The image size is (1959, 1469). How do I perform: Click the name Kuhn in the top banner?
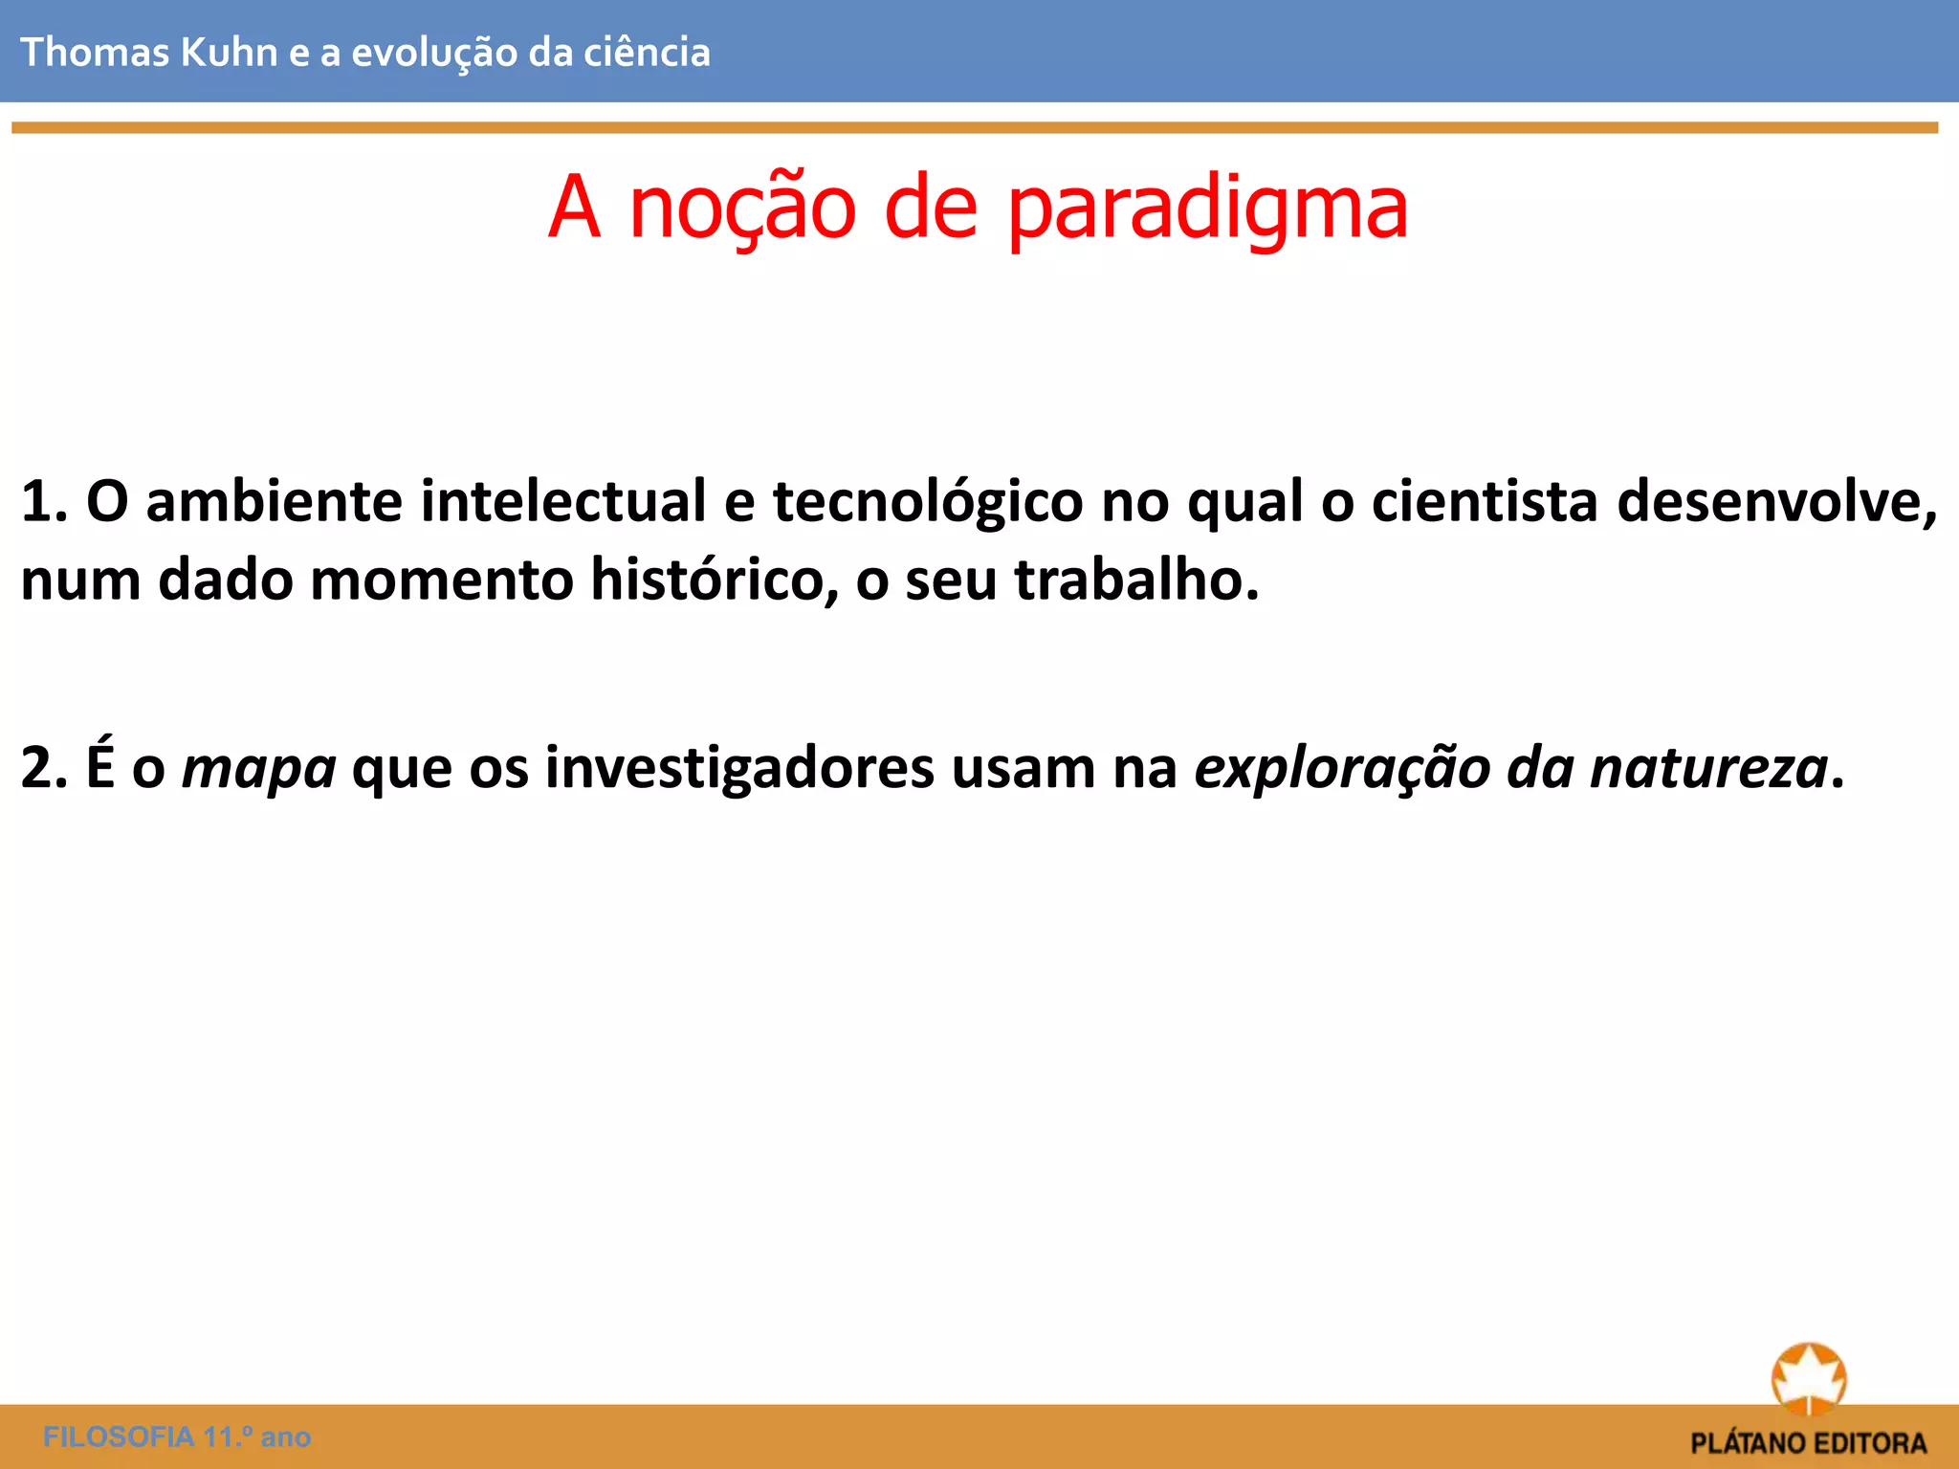click(229, 52)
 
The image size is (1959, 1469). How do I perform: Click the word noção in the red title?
click(742, 208)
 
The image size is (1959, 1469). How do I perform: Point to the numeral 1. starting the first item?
click(43, 501)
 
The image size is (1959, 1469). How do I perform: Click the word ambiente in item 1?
click(275, 501)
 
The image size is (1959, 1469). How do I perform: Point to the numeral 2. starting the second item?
click(43, 767)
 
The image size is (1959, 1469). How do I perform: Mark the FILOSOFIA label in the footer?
click(119, 1436)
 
